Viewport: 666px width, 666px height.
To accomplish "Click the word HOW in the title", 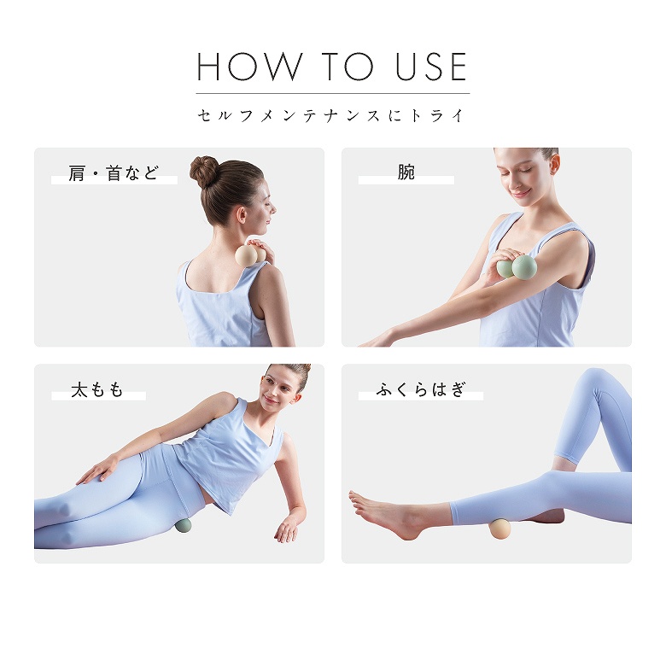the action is [249, 67].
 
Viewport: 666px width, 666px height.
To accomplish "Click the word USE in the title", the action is [431, 67].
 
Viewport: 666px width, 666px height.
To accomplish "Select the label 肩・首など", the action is [114, 173].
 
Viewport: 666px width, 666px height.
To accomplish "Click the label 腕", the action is [406, 172].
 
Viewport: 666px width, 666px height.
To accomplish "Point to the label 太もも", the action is [97, 389].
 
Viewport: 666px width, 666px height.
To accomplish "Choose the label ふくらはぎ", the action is [420, 389].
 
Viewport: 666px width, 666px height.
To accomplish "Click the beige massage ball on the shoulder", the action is [250, 256].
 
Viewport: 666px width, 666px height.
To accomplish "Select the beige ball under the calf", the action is [499, 529].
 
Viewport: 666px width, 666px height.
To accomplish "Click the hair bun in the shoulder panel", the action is [204, 172].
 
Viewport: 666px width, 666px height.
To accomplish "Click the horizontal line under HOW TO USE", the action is [333, 93].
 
